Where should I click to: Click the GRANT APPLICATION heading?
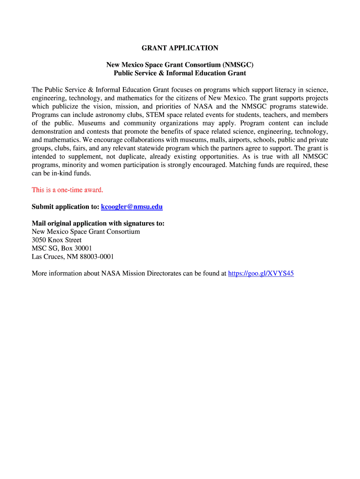tap(180, 48)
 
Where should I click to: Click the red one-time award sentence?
tap(67, 190)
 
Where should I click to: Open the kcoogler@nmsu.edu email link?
tap(132, 207)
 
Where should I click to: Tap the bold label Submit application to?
tap(65, 207)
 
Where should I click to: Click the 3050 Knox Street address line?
tap(57, 240)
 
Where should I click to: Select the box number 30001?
tap(81, 248)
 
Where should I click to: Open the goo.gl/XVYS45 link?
tap(261, 274)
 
